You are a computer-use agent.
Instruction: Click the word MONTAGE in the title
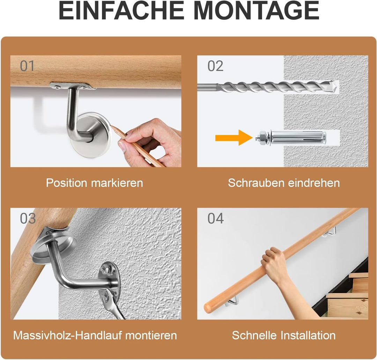(x=256, y=11)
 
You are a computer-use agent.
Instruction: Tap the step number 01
(x=27, y=66)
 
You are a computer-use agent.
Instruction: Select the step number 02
(x=215, y=66)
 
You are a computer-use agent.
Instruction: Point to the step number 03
(x=28, y=218)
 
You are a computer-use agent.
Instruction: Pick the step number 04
(x=216, y=218)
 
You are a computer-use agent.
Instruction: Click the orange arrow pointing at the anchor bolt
(x=234, y=138)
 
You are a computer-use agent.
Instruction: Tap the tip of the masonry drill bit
(x=336, y=87)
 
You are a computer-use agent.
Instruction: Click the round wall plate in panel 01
(x=91, y=135)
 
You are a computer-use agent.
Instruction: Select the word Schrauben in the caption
(x=256, y=183)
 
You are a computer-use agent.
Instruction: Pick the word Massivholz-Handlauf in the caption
(x=68, y=336)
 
